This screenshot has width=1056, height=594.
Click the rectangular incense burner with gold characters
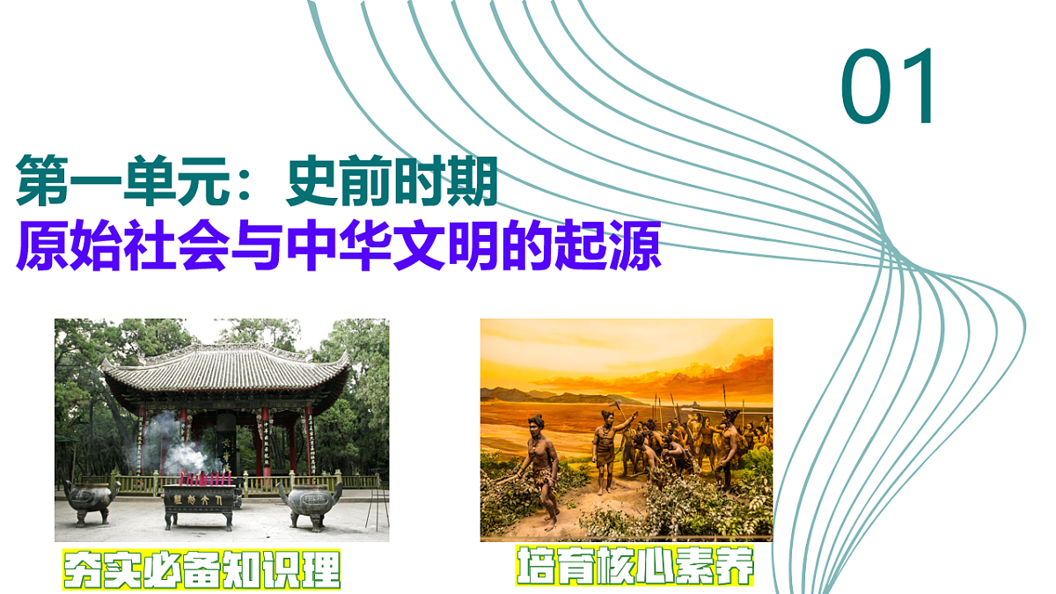(199, 500)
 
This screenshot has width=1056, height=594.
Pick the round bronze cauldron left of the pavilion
(91, 498)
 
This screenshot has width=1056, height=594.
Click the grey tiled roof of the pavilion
(225, 370)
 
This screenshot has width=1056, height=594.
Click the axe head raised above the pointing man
(618, 407)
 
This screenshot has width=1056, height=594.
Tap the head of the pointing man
(605, 415)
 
